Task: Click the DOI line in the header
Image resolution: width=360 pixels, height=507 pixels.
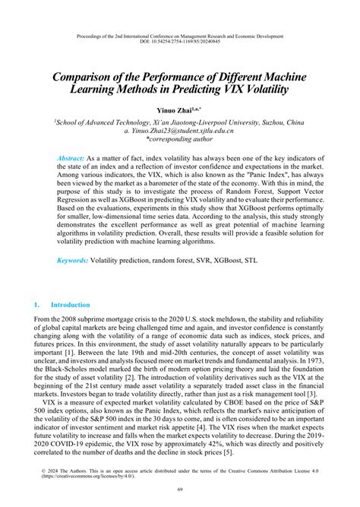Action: tap(180, 43)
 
